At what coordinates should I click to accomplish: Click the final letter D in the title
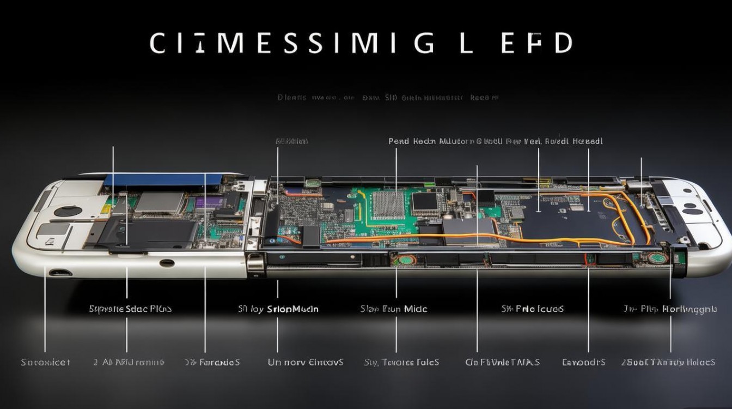coord(563,43)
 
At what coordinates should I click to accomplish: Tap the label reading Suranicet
coord(45,362)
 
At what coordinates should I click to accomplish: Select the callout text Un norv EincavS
coord(306,362)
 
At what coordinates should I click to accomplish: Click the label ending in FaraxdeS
coord(212,362)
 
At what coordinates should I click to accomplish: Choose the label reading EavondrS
coord(583,362)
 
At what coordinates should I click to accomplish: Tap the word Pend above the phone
coord(398,141)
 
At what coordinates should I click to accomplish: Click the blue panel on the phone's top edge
coord(163,179)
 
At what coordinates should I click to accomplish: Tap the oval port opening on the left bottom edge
coord(59,271)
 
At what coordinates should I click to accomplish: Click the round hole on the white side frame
coord(167,263)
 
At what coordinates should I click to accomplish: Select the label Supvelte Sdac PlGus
coord(130,309)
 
